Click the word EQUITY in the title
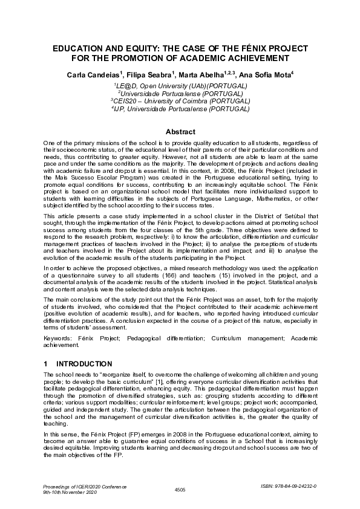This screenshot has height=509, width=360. [x=134, y=48]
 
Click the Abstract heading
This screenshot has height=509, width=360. [x=180, y=132]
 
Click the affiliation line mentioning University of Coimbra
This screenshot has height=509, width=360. [x=180, y=102]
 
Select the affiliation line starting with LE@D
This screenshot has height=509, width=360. [x=180, y=86]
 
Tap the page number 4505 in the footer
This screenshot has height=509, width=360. [x=180, y=489]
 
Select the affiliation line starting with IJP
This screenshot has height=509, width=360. [x=180, y=109]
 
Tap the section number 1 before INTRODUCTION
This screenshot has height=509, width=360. [x=46, y=364]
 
